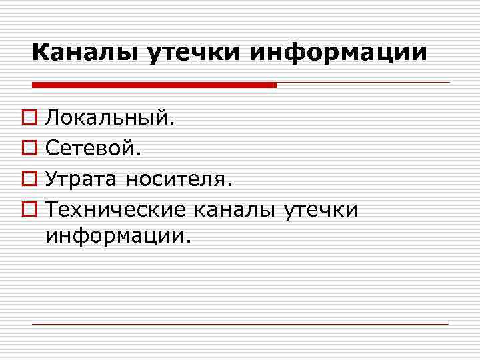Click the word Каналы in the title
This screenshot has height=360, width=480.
tap(85, 51)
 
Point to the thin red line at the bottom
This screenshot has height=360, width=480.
tap(240, 324)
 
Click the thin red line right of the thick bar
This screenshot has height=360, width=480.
tap(363, 83)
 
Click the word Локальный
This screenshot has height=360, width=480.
tap(109, 119)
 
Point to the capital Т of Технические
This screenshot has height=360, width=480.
tap(51, 209)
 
